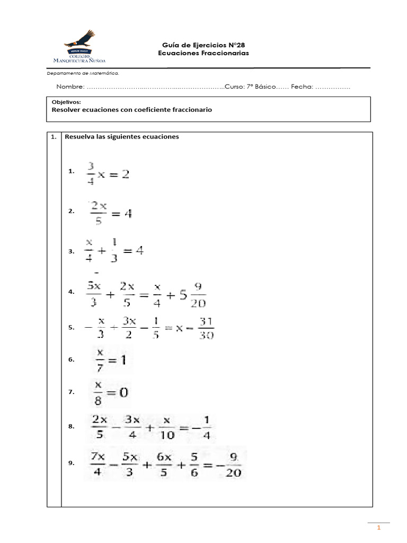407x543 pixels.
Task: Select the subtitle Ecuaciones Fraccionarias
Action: pos(203,54)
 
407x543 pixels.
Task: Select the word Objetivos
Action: pos(66,101)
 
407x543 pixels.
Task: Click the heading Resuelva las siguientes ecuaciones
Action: pos(122,137)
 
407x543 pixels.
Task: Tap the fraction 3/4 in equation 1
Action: pos(91,173)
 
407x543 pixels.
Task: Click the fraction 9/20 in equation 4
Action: pos(198,294)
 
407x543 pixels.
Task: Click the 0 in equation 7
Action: pos(122,392)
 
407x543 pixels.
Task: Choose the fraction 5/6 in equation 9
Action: pos(193,464)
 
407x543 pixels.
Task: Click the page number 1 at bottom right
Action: pos(379,529)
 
